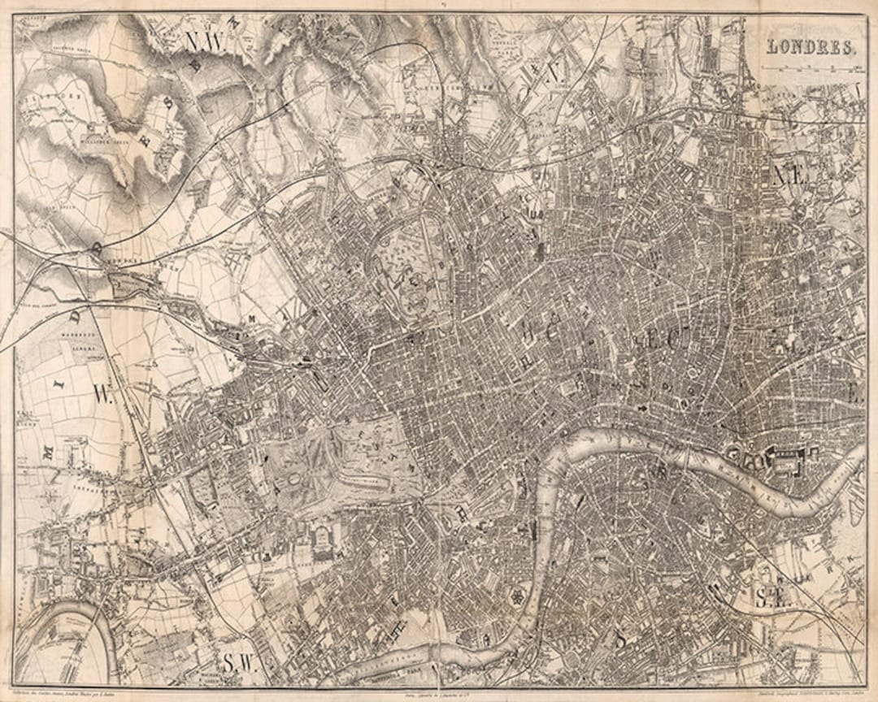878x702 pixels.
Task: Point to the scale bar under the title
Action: pyautogui.click(x=811, y=69)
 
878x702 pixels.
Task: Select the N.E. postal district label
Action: pyautogui.click(x=789, y=175)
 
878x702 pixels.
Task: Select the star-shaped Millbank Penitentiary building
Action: pyautogui.click(x=515, y=598)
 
